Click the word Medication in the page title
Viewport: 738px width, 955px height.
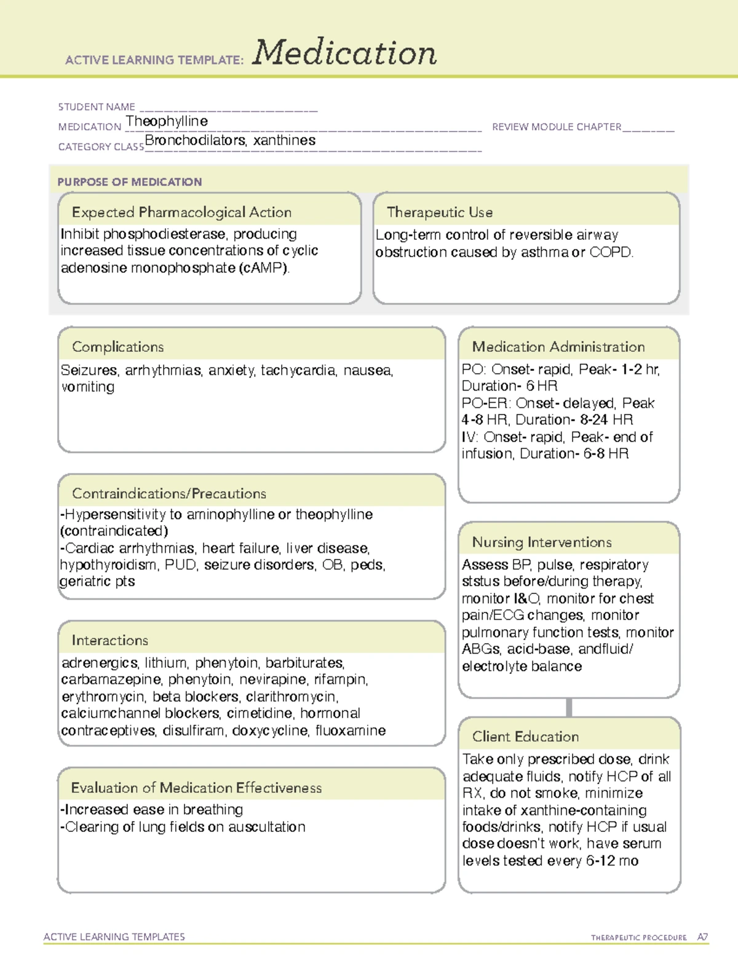[344, 53]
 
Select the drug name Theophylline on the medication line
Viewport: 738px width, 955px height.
[167, 121]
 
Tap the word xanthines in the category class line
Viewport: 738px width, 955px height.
[284, 140]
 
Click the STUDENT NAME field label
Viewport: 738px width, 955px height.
[97, 107]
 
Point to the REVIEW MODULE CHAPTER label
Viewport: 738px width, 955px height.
[557, 127]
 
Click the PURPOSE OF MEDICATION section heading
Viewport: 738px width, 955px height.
[130, 182]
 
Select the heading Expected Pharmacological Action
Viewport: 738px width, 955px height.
[181, 212]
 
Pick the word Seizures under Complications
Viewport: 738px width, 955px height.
[89, 370]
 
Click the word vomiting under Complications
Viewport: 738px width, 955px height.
[88, 387]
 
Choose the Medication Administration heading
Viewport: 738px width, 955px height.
[558, 347]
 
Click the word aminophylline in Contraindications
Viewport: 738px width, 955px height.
[230, 515]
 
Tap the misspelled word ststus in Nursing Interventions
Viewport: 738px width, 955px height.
[480, 582]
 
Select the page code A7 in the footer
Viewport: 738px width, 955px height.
[702, 937]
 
